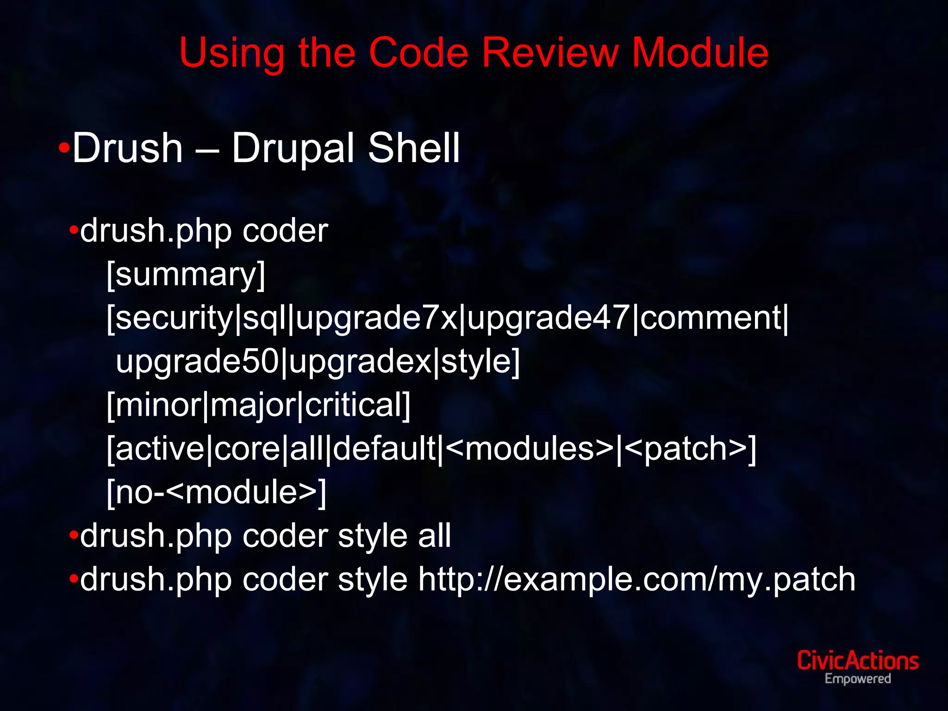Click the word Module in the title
(700, 53)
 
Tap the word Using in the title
(231, 54)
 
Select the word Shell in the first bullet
(413, 148)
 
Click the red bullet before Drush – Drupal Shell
(64, 149)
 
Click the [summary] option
(186, 274)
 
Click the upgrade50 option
(197, 362)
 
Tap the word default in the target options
(384, 449)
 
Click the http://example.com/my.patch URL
(636, 580)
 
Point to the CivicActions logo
(857, 661)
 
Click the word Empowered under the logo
(857, 679)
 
